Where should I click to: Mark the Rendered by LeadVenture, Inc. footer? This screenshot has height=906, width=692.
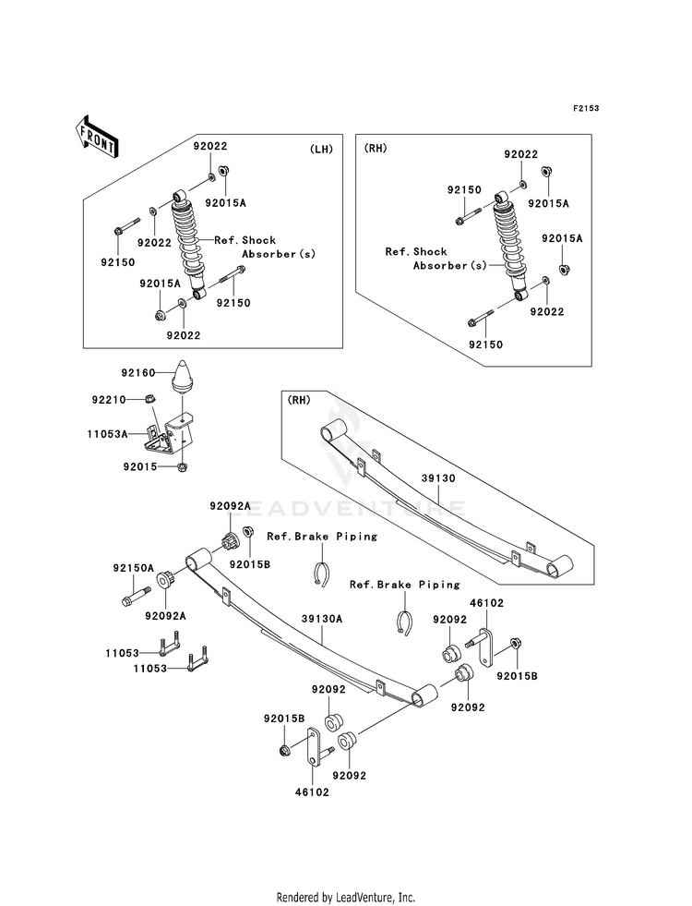[346, 897]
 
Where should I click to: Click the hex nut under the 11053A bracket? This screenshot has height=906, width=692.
[182, 467]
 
